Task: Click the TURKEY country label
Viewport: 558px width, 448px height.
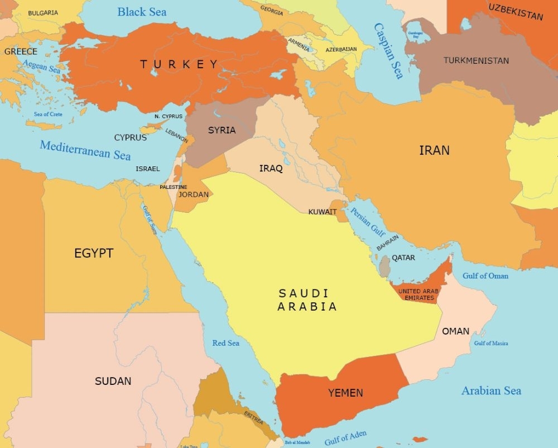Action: click(179, 64)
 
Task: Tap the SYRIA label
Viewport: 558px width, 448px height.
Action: click(222, 130)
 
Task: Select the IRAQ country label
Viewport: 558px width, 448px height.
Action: click(271, 168)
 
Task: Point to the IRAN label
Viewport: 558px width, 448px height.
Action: click(434, 150)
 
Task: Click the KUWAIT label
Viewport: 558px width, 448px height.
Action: click(323, 212)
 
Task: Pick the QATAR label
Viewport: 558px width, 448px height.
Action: click(403, 258)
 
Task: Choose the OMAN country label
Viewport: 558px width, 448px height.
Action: click(455, 331)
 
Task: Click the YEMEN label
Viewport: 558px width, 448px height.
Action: click(345, 393)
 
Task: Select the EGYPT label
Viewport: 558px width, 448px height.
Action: click(94, 253)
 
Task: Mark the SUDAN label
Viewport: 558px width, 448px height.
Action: click(113, 381)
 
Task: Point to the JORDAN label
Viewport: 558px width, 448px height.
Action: click(194, 194)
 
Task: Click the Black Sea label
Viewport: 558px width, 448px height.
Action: click(142, 12)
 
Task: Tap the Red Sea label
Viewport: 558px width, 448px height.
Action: click(225, 342)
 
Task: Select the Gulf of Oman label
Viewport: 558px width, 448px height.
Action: click(485, 275)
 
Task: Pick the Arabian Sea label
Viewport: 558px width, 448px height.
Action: click(491, 390)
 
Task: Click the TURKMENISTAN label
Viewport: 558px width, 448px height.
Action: click(476, 60)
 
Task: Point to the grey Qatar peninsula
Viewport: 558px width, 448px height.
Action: click(384, 266)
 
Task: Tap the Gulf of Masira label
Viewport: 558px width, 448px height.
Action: click(491, 343)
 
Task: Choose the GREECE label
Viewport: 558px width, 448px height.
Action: click(21, 51)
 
